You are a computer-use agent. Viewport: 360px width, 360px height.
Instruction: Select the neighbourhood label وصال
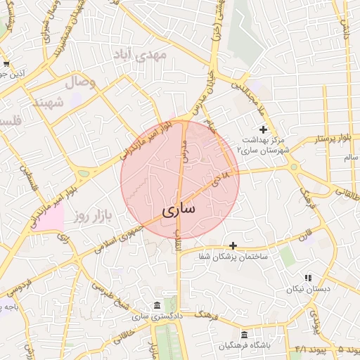pos(81,82)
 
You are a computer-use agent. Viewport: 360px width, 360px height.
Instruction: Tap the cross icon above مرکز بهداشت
pos(264,129)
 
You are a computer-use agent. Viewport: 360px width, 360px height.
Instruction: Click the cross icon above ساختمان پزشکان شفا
pos(233,245)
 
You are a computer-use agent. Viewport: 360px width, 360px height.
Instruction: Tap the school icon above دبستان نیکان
pos(308,278)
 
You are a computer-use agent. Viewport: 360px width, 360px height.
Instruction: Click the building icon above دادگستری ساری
pos(156,306)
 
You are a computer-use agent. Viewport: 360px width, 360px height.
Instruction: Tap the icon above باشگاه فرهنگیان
pos(244,335)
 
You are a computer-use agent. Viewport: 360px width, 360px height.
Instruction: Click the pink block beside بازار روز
pos(51,218)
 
